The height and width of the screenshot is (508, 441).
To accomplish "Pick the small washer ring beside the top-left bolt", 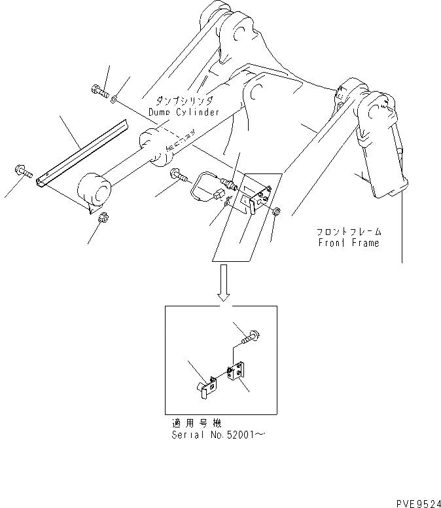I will pyautogui.click(x=115, y=99).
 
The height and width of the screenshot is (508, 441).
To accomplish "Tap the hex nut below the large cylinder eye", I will pyautogui.click(x=102, y=218).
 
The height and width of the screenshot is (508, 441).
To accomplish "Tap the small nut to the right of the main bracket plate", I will pyautogui.click(x=277, y=211).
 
